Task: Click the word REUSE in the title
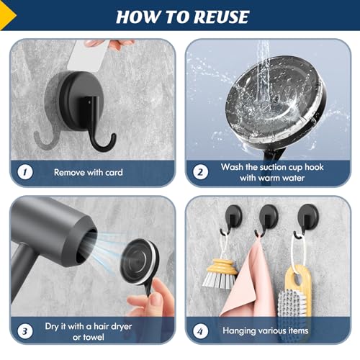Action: click(x=221, y=17)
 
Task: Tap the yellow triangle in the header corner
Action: click(x=6, y=15)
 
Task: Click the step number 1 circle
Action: click(x=25, y=172)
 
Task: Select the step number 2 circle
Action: click(x=201, y=172)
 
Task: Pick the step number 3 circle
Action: click(x=25, y=331)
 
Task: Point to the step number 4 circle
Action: click(x=201, y=331)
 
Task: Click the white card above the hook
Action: click(x=88, y=55)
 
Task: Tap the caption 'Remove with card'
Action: click(x=89, y=172)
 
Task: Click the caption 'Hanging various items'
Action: click(x=266, y=330)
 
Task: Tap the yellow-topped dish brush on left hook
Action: click(x=220, y=274)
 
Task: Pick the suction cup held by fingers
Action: click(x=140, y=261)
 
